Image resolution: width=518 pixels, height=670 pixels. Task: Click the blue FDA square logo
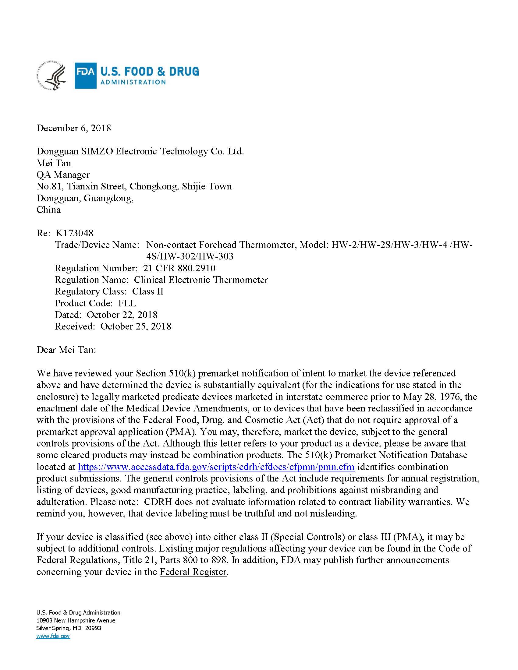(86, 76)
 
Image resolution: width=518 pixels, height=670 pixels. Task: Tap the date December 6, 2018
(74, 128)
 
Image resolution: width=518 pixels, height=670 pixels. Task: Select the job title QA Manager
(63, 175)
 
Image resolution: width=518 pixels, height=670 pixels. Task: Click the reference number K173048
(74, 233)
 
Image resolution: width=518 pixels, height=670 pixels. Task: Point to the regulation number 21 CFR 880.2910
(179, 268)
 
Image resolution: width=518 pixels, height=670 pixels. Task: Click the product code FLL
(127, 303)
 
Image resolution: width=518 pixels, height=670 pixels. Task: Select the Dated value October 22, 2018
(122, 315)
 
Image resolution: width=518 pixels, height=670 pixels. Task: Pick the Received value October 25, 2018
(136, 326)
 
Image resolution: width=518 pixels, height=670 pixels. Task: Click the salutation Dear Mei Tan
(66, 350)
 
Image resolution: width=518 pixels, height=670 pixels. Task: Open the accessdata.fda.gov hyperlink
(216, 467)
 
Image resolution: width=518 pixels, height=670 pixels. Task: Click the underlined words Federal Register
(193, 572)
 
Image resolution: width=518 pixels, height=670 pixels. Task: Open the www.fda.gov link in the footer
(53, 636)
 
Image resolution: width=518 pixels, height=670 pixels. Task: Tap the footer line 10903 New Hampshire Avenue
(76, 620)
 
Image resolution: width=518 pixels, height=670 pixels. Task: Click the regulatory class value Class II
(147, 291)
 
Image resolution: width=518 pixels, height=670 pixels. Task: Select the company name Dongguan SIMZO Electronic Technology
(140, 151)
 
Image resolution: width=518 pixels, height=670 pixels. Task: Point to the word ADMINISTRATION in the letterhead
(133, 82)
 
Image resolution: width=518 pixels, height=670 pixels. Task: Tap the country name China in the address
(48, 210)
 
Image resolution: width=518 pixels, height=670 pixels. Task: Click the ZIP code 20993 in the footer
(93, 628)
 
